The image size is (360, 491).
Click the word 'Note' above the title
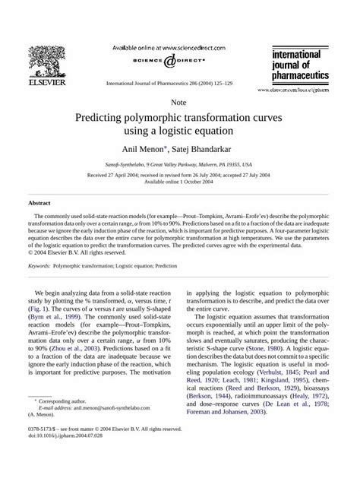tap(179, 101)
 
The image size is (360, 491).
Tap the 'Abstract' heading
tap(39, 203)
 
